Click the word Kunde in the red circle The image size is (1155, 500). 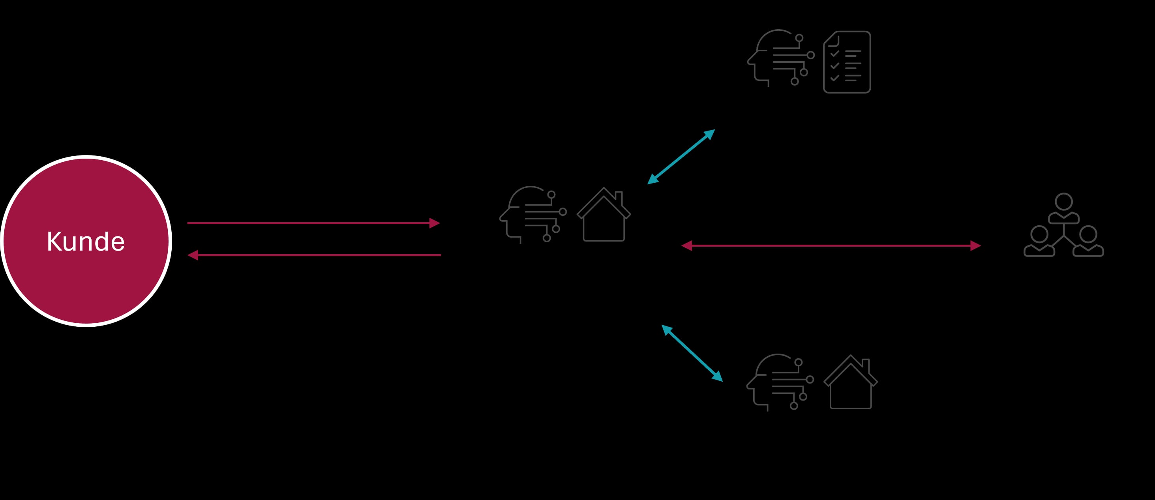(86, 241)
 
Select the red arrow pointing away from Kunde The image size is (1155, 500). (313, 223)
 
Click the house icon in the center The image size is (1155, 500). (604, 214)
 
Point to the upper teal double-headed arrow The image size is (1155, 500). (681, 157)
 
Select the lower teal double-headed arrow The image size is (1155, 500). (692, 353)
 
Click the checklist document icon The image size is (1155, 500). (847, 62)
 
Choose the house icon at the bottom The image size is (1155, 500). (851, 382)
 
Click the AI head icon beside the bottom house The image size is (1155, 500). (780, 382)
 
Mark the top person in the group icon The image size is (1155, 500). (1063, 208)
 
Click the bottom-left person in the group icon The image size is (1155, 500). (1039, 241)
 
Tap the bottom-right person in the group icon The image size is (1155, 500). (1088, 241)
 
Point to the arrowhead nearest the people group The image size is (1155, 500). (976, 245)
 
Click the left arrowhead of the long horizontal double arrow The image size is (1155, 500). (686, 245)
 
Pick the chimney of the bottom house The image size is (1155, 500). (866, 365)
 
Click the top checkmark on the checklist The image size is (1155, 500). (834, 53)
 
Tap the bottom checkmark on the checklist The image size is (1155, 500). (834, 78)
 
